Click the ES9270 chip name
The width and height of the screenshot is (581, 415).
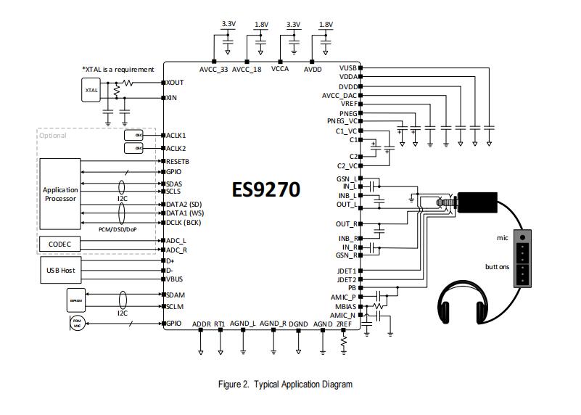pyautogui.click(x=265, y=189)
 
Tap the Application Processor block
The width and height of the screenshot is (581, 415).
pyautogui.click(x=60, y=194)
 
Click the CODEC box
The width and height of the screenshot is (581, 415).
pyautogui.click(x=60, y=245)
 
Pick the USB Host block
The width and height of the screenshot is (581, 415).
pyautogui.click(x=60, y=271)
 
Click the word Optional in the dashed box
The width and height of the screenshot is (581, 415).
pyautogui.click(x=53, y=136)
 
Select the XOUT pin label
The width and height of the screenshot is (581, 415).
pyautogui.click(x=175, y=83)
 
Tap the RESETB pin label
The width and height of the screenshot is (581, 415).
pyautogui.click(x=178, y=161)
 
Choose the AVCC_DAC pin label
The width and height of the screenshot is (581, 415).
pyautogui.click(x=339, y=96)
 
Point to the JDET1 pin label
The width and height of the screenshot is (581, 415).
pyautogui.click(x=346, y=271)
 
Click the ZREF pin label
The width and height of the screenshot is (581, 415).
pyautogui.click(x=345, y=324)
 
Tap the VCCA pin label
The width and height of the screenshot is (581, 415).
pyautogui.click(x=281, y=70)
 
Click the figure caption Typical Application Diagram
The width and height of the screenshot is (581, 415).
pyautogui.click(x=285, y=385)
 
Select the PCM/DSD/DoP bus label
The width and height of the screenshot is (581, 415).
pyautogui.click(x=119, y=229)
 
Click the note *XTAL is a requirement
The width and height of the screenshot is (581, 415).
pyautogui.click(x=118, y=70)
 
